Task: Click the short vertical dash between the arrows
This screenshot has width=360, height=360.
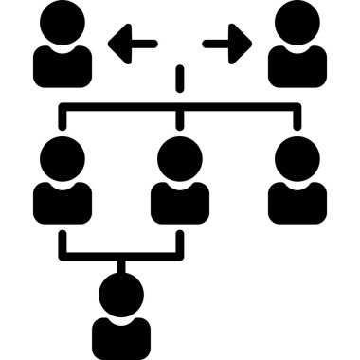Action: (x=180, y=75)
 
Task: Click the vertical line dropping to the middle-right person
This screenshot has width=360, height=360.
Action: (x=297, y=117)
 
